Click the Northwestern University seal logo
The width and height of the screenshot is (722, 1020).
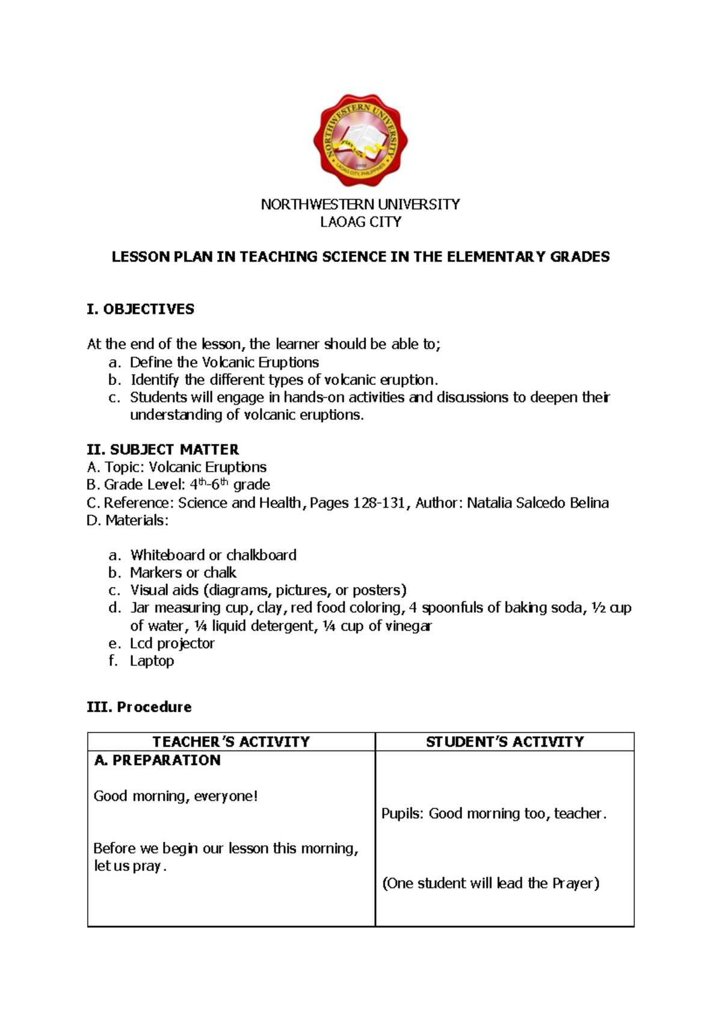pos(360,140)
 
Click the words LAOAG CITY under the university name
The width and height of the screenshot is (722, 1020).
pos(360,222)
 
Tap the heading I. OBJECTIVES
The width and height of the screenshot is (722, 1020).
pos(140,309)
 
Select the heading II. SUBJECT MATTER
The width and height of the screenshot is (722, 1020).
pos(162,449)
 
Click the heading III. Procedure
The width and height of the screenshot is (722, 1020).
pos(139,707)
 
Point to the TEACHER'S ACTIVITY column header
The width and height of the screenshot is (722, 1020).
pos(231,742)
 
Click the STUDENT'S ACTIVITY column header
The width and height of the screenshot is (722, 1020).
pos(505,742)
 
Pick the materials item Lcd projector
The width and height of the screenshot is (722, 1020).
pos(172,644)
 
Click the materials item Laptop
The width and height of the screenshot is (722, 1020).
pos(152,661)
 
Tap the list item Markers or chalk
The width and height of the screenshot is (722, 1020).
pos(183,573)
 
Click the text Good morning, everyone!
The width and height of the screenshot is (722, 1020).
pos(176,796)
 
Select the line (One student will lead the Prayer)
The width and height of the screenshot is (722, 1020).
pos(491,883)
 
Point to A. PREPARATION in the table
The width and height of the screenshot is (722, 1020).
pos(158,760)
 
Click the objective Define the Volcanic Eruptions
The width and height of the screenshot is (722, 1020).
pos(224,363)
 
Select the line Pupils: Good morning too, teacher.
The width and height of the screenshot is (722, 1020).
pos(494,814)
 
